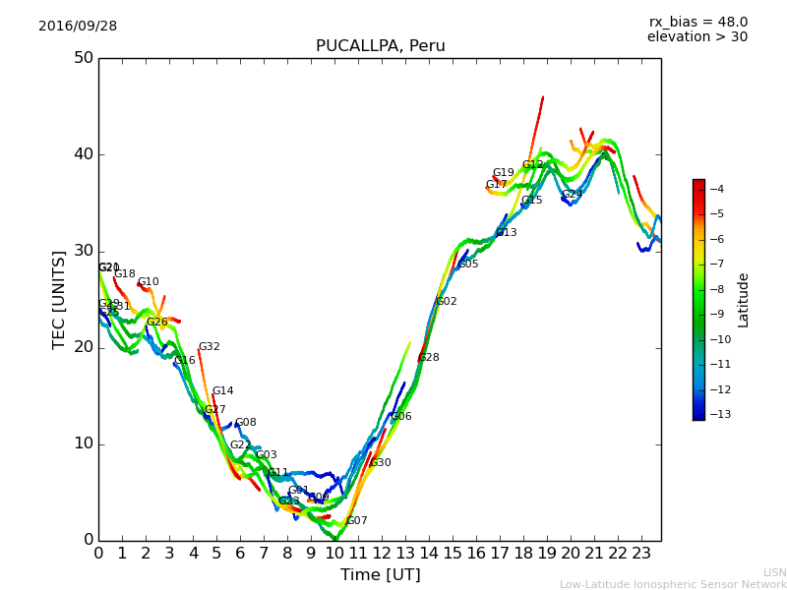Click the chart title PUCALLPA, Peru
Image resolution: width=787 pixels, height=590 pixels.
pyautogui.click(x=380, y=46)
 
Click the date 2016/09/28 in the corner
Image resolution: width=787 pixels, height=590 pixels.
pyautogui.click(x=78, y=26)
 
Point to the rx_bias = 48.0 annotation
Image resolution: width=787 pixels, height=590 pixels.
pyautogui.click(x=697, y=22)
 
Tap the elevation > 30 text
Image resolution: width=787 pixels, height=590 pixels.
pyautogui.click(x=696, y=37)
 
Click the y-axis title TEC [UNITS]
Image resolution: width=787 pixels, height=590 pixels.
pyautogui.click(x=59, y=299)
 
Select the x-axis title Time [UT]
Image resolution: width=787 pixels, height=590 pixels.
pyautogui.click(x=380, y=574)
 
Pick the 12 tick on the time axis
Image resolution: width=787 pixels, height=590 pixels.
pyautogui.click(x=382, y=554)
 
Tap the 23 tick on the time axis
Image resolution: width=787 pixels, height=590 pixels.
pyautogui.click(x=641, y=554)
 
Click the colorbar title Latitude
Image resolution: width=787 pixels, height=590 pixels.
pyautogui.click(x=743, y=300)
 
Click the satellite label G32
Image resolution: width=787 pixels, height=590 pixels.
pyautogui.click(x=209, y=347)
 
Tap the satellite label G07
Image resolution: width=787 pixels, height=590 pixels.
pyautogui.click(x=356, y=521)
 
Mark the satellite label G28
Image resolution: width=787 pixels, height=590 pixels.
pyautogui.click(x=429, y=358)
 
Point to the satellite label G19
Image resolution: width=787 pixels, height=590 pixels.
pyautogui.click(x=503, y=173)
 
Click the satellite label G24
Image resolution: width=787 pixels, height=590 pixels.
pyautogui.click(x=573, y=195)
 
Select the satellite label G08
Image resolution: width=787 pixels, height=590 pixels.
pyautogui.click(x=245, y=423)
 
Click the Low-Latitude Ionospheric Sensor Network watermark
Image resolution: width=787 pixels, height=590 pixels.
pyautogui.click(x=673, y=584)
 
